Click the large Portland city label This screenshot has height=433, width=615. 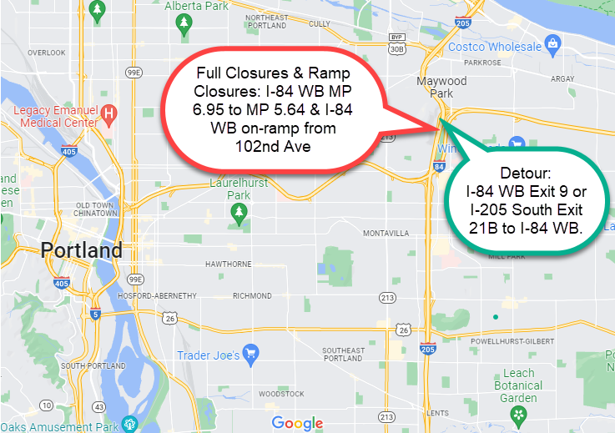82,250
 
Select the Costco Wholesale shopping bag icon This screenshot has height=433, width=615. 552,43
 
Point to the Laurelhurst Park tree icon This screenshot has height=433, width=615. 239,216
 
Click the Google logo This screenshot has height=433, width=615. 297,423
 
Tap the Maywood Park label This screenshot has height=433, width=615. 441,88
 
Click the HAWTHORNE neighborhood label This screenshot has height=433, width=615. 229,264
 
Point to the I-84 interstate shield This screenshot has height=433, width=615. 439,169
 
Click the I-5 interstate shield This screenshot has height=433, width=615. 97,315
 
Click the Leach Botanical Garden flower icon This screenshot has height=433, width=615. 518,413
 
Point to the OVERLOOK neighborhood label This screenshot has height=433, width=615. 46,53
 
